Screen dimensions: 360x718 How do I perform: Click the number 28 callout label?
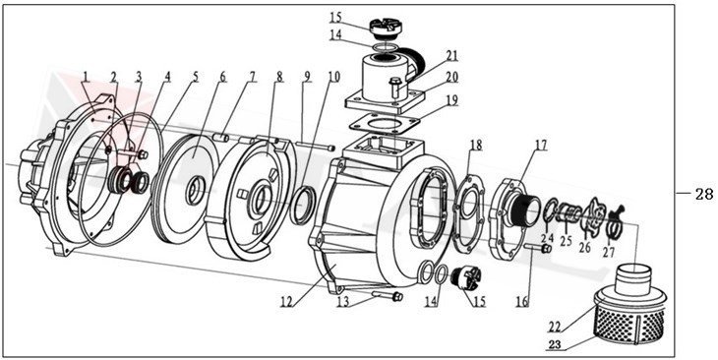point(703,194)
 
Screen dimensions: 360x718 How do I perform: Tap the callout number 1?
point(86,76)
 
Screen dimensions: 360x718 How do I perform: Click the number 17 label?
point(540,146)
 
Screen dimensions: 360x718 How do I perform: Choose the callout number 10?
point(333,77)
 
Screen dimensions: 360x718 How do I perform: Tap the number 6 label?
point(222,76)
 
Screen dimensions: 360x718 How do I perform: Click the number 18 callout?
point(475,146)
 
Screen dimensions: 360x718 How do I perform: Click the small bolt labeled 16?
point(541,248)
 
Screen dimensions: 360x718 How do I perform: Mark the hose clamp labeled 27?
point(616,226)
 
